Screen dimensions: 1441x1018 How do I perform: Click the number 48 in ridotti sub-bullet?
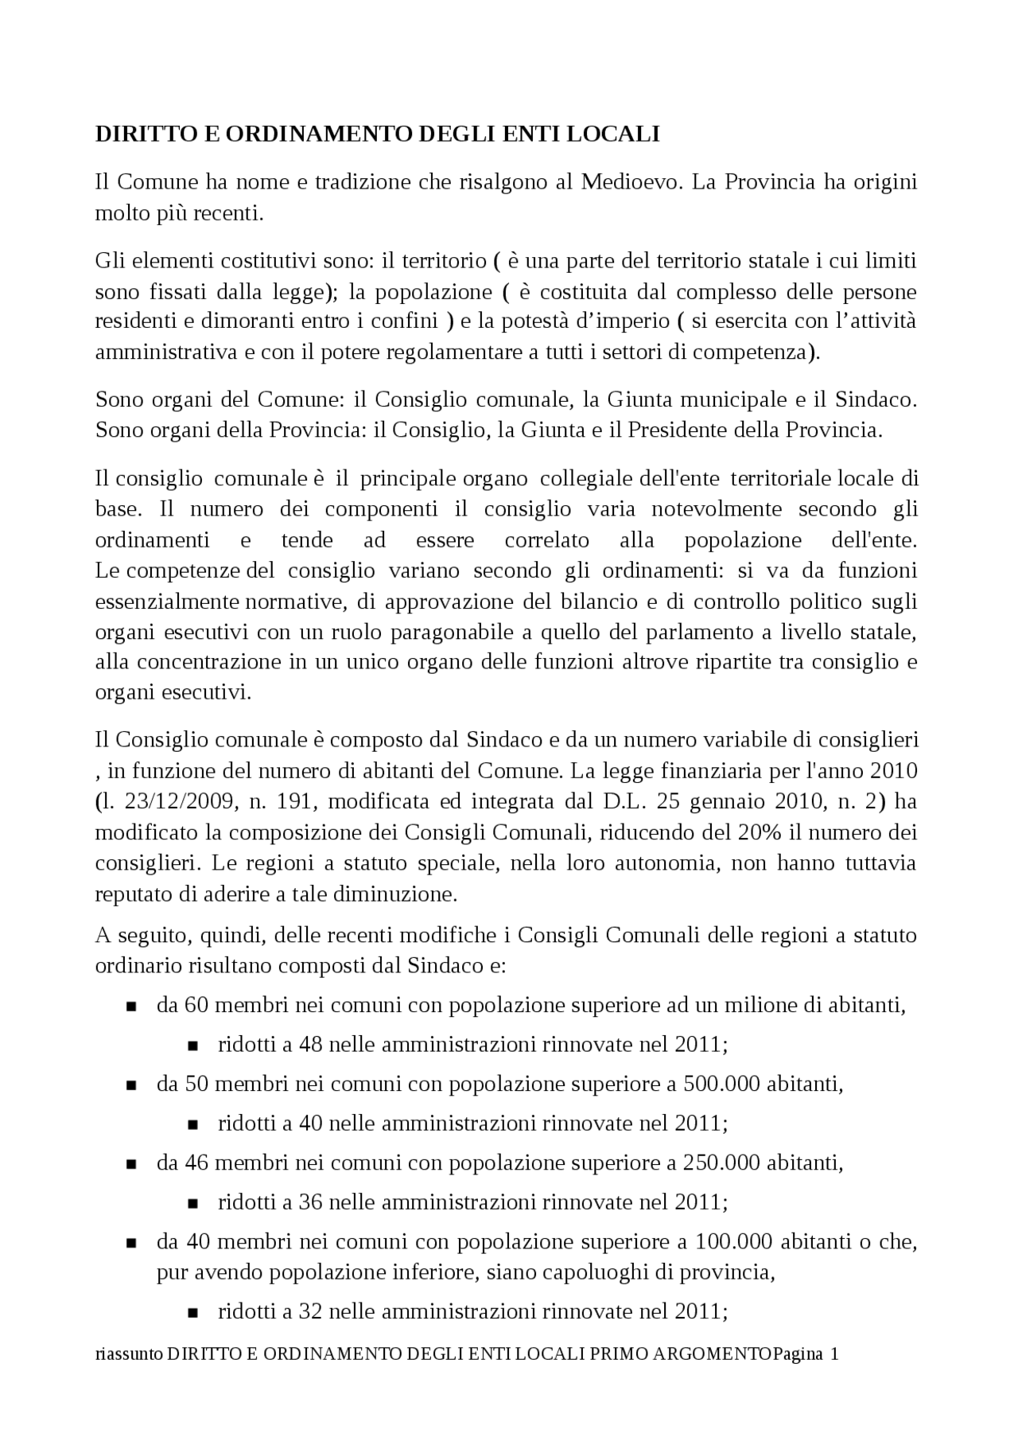(x=310, y=1044)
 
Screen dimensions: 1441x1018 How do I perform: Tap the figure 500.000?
(x=722, y=1084)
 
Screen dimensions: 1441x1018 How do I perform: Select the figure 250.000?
(x=722, y=1163)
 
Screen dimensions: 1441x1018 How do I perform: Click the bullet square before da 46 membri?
(x=131, y=1164)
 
